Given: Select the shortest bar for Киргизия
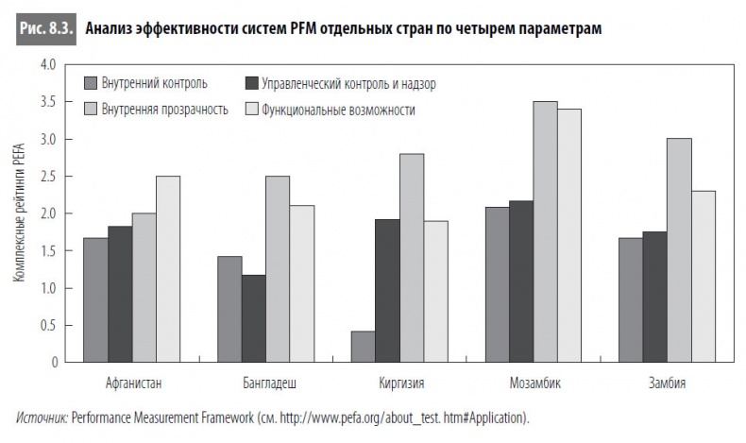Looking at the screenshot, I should point(363,347).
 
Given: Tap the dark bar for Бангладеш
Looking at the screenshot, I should point(253,318).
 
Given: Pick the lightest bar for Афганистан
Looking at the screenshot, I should point(168,269).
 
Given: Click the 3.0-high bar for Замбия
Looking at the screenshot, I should point(679,250).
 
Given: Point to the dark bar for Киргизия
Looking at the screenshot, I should point(387,291).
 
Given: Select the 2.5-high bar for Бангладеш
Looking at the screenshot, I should point(278,269).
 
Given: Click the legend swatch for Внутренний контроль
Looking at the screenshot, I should point(93,83).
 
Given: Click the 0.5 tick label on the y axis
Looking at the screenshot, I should point(44,325).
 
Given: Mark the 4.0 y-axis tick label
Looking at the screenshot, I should point(44,65).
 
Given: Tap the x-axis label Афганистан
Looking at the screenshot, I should point(132,383).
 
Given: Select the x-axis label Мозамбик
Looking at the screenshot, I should point(534,383).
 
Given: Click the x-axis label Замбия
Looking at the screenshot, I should point(667,383).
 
